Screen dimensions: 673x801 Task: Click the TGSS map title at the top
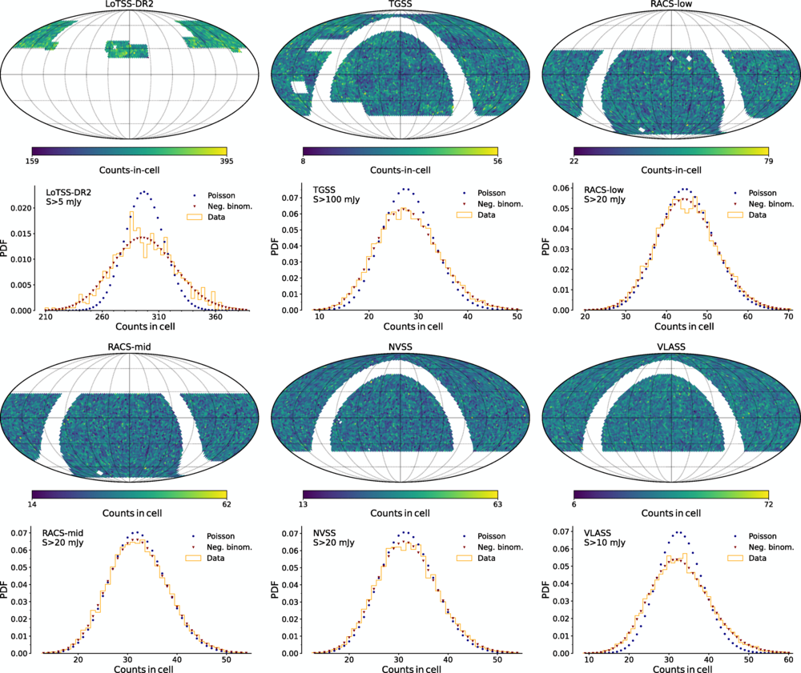click(x=400, y=6)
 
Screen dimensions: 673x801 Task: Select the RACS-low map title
click(x=671, y=6)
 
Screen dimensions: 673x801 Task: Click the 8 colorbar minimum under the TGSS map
click(x=304, y=159)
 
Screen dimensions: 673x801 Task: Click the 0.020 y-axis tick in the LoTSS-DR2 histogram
click(x=22, y=208)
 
